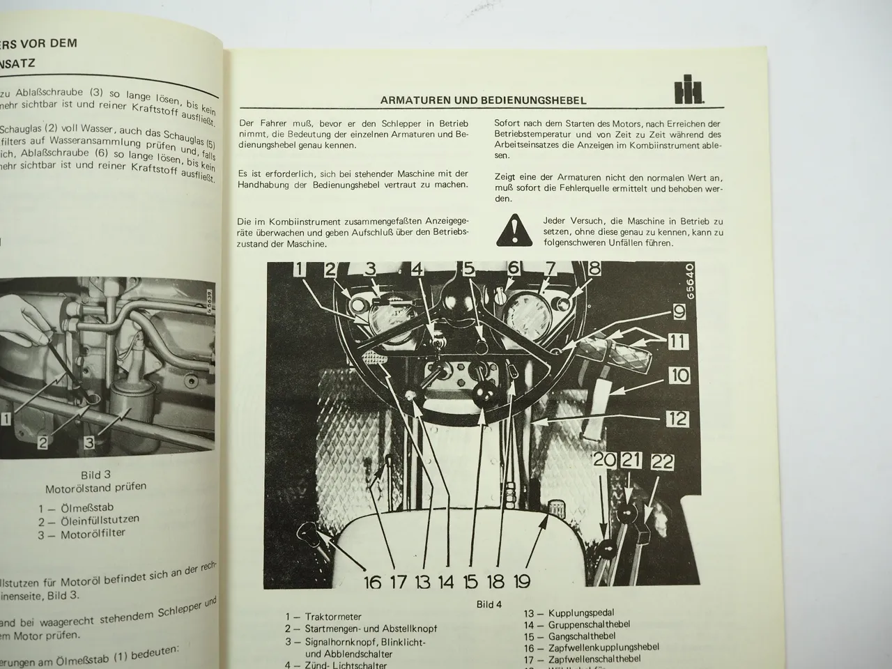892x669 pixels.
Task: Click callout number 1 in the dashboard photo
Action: coord(298,269)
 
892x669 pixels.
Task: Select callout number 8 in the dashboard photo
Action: coord(594,268)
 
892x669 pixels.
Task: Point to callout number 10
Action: coord(678,376)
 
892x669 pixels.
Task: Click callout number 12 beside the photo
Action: coord(677,418)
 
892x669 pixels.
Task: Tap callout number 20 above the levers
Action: coord(604,459)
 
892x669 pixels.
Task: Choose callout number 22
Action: coord(662,461)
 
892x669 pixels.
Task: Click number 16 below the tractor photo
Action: coord(372,582)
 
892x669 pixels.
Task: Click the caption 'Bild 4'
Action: coord(489,604)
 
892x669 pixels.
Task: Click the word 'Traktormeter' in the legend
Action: coord(333,617)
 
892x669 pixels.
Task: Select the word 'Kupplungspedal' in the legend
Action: coord(582,613)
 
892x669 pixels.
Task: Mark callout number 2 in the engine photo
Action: coord(43,442)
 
